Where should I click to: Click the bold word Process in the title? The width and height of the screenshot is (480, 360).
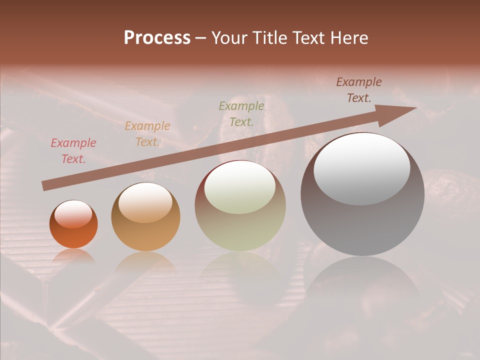(x=157, y=38)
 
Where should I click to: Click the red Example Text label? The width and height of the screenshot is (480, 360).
(x=73, y=151)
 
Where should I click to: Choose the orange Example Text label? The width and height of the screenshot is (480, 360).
(x=147, y=134)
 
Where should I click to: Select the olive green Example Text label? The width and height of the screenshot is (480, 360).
(x=241, y=113)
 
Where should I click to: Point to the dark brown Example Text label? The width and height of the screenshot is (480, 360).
(x=359, y=90)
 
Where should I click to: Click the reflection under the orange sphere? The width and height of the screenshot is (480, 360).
(x=73, y=256)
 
